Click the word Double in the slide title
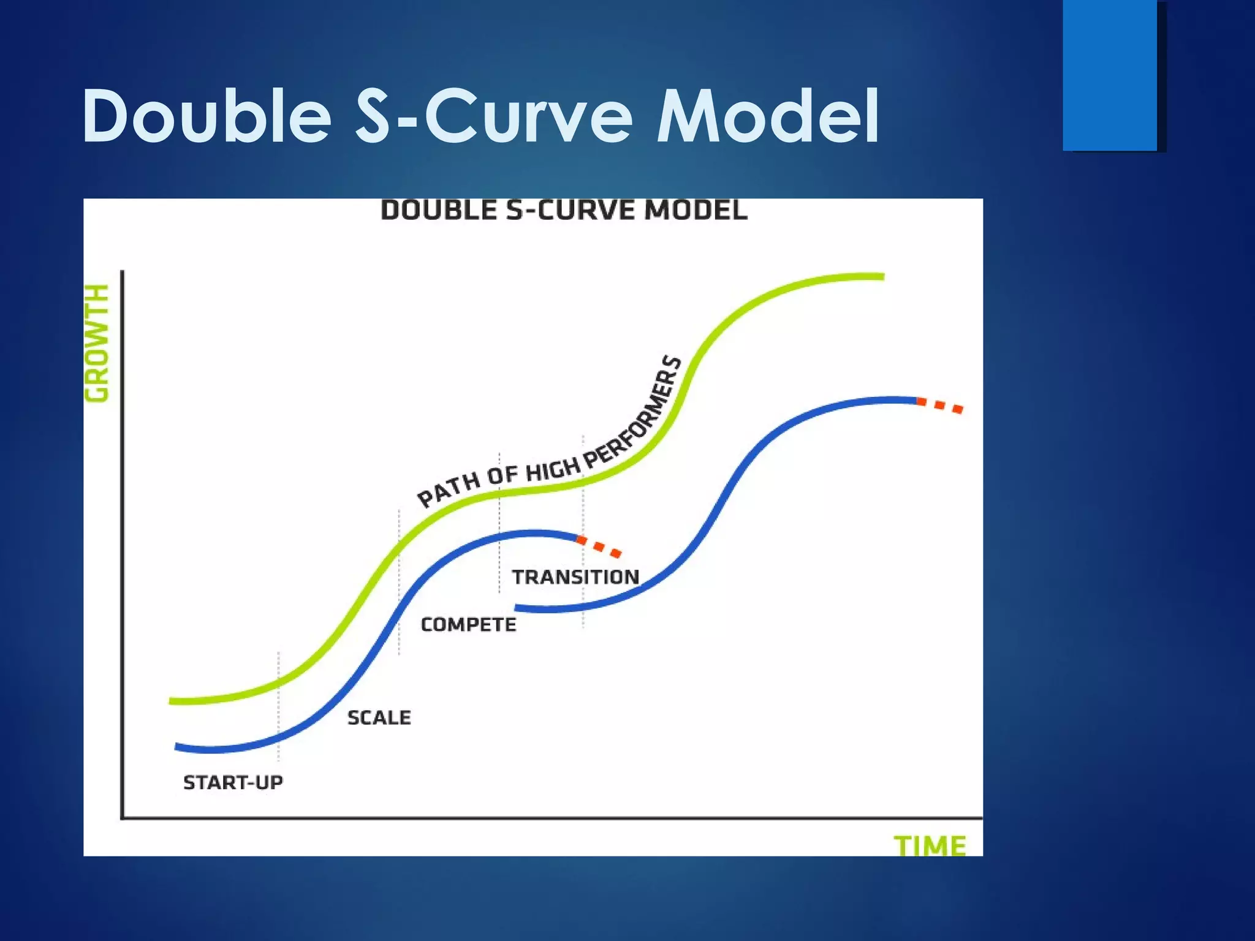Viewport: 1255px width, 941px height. [207, 116]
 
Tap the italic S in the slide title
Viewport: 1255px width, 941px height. [373, 116]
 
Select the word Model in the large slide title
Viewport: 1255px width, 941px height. [767, 116]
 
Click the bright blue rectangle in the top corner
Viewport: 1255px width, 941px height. [1110, 75]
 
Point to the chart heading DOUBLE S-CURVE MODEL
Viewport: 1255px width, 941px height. [564, 211]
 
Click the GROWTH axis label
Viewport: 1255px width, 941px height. [97, 343]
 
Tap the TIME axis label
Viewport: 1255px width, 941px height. [930, 845]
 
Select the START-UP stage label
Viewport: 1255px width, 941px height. [233, 782]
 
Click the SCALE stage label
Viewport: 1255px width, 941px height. [379, 717]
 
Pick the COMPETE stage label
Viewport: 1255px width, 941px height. [468, 624]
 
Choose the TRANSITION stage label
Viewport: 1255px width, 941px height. [575, 576]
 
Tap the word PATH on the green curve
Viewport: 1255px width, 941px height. [449, 490]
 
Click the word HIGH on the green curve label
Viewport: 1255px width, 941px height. [553, 470]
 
